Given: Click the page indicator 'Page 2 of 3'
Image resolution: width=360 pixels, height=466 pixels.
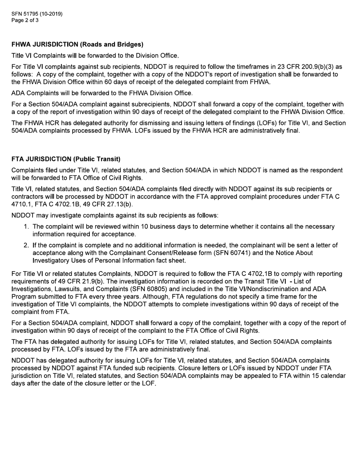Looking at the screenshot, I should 25,20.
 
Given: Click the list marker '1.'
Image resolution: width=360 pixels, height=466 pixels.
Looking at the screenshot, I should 26,227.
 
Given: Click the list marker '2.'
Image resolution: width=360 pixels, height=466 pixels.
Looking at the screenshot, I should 26,245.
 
